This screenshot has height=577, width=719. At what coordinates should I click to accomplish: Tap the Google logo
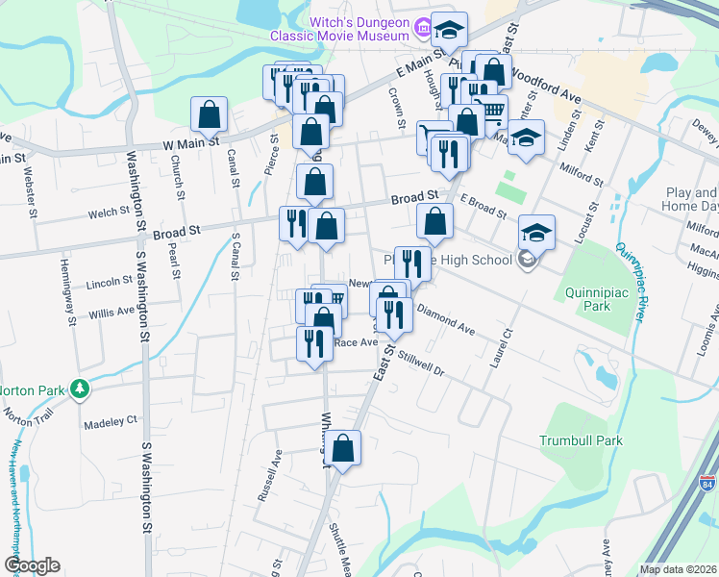[32, 565]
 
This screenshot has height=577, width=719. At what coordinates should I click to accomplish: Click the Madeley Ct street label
[112, 421]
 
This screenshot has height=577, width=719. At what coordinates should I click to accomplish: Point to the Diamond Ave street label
[445, 322]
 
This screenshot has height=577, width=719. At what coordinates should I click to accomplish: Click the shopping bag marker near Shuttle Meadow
[343, 446]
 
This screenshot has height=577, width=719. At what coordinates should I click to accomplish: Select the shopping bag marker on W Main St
[209, 114]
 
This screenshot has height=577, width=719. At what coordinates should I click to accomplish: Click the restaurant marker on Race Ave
[314, 343]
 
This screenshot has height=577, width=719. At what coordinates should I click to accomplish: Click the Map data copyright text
[678, 569]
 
